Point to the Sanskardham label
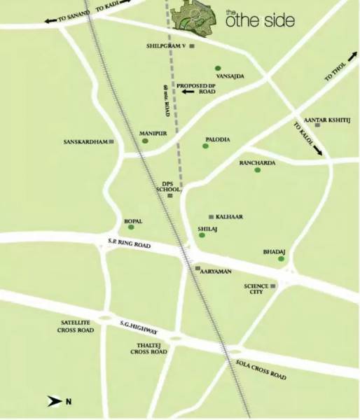(x=85, y=141)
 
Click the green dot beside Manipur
(x=146, y=141)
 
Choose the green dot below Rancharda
(x=258, y=170)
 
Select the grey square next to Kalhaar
(x=212, y=217)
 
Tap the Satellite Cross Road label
(x=76, y=325)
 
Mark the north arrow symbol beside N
(x=54, y=401)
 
